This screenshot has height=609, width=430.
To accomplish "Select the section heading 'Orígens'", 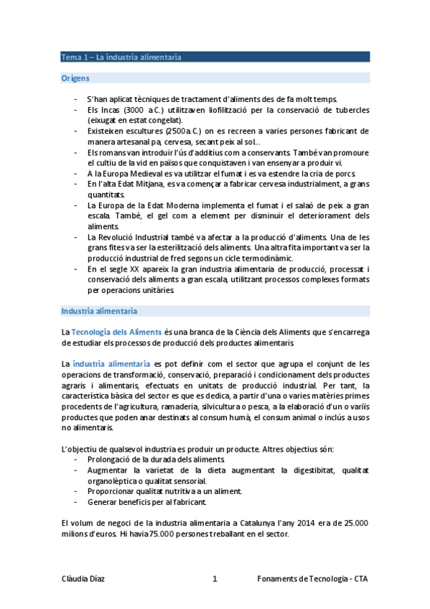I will pos(75,77).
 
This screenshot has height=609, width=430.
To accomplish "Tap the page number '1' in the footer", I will pos(215,579).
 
